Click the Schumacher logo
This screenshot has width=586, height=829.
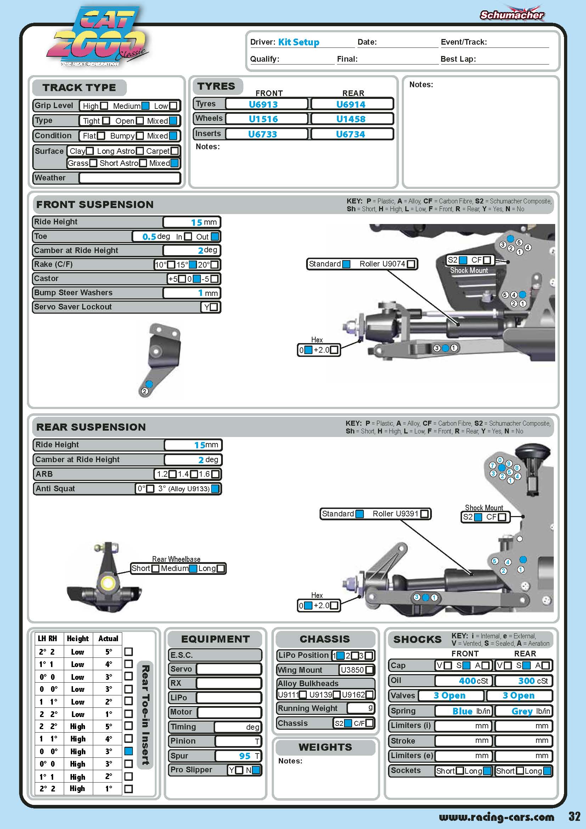click(512, 15)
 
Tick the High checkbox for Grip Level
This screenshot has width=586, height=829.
click(104, 106)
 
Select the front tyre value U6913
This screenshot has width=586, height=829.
click(263, 104)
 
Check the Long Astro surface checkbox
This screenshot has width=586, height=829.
click(140, 151)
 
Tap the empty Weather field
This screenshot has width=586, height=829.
click(130, 178)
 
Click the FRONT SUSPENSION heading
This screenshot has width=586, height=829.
click(95, 205)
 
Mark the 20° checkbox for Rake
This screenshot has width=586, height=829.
click(214, 265)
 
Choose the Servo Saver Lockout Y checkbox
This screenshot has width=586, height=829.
click(214, 307)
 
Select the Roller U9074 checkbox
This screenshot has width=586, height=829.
click(411, 264)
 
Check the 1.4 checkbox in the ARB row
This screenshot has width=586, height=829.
click(194, 474)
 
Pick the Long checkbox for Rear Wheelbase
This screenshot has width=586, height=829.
click(220, 568)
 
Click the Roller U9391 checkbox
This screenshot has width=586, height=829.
click(424, 514)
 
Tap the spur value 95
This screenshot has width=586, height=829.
click(245, 756)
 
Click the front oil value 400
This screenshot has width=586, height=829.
click(467, 680)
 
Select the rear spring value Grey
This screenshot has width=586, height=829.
click(522, 711)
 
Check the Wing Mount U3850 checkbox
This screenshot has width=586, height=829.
click(369, 670)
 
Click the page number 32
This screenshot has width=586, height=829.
click(574, 816)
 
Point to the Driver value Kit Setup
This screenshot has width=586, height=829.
click(298, 42)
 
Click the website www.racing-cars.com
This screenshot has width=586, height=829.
click(496, 817)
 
